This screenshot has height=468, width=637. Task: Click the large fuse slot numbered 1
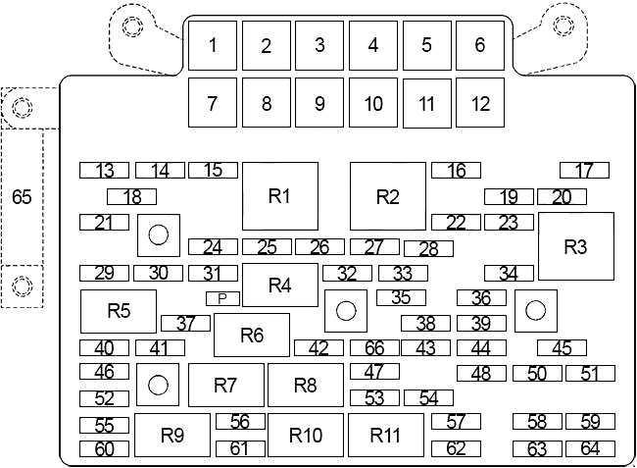pyautogui.click(x=213, y=45)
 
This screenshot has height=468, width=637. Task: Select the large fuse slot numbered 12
pyautogui.click(x=480, y=102)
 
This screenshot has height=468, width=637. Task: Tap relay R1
pyautogui.click(x=280, y=196)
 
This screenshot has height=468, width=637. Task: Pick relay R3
pyautogui.click(x=576, y=246)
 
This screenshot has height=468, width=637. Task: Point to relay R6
pyautogui.click(x=252, y=335)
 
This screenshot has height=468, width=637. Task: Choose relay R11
pyautogui.click(x=386, y=435)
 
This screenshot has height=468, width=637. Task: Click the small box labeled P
pyautogui.click(x=222, y=299)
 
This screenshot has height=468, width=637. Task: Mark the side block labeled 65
pyautogui.click(x=22, y=197)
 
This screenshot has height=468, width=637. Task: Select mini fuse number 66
pyautogui.click(x=374, y=348)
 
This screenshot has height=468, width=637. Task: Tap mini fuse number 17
pyautogui.click(x=585, y=171)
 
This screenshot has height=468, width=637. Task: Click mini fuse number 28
pyautogui.click(x=428, y=249)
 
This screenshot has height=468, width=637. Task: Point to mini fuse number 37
pyautogui.click(x=185, y=323)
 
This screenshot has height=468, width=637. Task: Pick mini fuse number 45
pyautogui.click(x=562, y=348)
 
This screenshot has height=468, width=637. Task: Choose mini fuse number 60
pyautogui.click(x=105, y=449)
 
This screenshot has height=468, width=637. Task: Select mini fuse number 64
pyautogui.click(x=590, y=449)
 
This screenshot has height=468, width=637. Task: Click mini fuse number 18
pyautogui.click(x=131, y=197)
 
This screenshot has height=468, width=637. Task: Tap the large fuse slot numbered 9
pyautogui.click(x=319, y=102)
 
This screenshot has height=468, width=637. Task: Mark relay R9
pyautogui.click(x=172, y=435)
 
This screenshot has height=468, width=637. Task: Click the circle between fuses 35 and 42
pyautogui.click(x=346, y=311)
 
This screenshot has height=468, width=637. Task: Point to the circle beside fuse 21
pyautogui.click(x=159, y=235)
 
